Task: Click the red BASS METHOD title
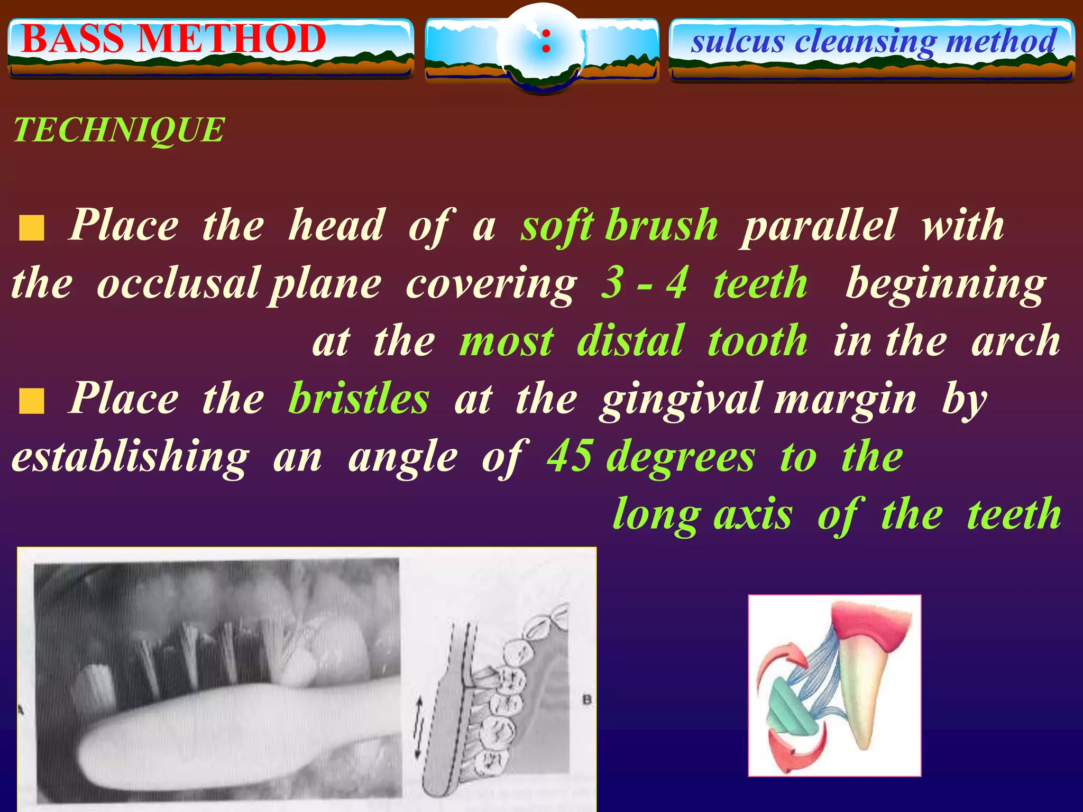click(173, 40)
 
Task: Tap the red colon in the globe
click(546, 41)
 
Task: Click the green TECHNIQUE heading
click(119, 130)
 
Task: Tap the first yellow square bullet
click(32, 228)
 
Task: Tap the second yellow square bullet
click(32, 401)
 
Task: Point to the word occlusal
click(178, 284)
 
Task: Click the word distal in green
click(630, 342)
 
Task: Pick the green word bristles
click(359, 399)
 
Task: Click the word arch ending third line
click(1015, 342)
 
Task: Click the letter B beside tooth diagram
click(586, 700)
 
